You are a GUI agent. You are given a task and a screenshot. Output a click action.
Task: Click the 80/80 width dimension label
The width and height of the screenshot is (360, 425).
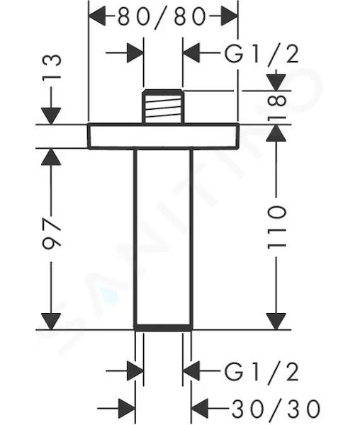[x=162, y=16]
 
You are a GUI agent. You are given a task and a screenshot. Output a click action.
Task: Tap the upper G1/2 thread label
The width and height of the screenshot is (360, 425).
[x=261, y=54]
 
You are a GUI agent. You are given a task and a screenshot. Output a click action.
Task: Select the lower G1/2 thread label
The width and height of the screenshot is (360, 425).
[x=261, y=371]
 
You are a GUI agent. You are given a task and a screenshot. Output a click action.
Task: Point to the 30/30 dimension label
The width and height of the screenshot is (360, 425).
[x=276, y=408]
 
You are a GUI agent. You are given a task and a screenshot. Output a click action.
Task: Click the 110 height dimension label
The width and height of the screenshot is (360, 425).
[x=276, y=227]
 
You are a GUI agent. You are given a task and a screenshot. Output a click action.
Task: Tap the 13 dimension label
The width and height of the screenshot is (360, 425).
[x=52, y=66]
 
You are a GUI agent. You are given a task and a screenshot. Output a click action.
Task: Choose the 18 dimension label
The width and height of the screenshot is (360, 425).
[x=276, y=107]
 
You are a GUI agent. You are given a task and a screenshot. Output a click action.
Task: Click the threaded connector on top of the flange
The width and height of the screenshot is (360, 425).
[x=163, y=106]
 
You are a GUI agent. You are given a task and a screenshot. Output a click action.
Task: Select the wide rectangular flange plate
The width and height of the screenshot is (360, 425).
[x=163, y=136]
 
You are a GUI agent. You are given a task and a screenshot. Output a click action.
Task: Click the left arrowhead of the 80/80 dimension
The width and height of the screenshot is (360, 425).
[x=97, y=16]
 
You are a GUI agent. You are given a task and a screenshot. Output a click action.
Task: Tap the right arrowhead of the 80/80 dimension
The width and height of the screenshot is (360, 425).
[x=230, y=16]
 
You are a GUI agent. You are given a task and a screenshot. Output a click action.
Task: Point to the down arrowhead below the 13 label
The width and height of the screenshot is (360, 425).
[x=51, y=116]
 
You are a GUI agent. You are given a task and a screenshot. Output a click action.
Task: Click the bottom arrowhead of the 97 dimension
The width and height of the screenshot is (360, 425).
[x=51, y=322]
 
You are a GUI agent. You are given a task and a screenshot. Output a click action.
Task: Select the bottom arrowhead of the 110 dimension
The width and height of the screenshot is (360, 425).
[x=276, y=322]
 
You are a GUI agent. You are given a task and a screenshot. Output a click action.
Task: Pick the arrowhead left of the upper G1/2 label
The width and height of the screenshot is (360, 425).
[x=191, y=52]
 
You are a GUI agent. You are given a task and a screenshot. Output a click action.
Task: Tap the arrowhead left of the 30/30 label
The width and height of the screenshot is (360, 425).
[x=200, y=408]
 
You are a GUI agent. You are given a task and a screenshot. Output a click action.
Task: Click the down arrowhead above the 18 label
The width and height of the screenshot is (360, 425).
[x=276, y=82]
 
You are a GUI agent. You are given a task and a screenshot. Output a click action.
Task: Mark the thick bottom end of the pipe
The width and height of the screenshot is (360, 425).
[x=163, y=327]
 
